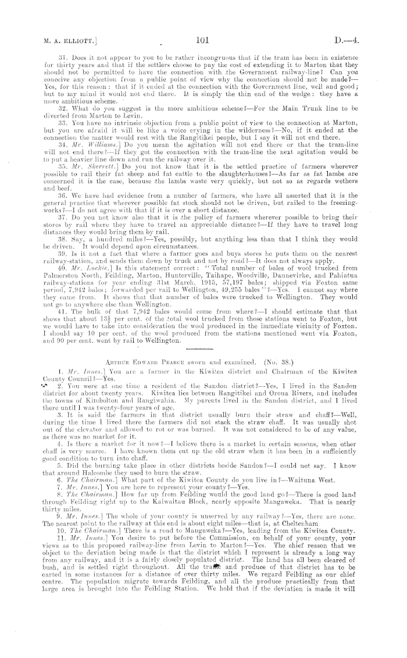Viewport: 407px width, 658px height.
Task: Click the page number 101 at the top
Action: pos(202,40)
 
